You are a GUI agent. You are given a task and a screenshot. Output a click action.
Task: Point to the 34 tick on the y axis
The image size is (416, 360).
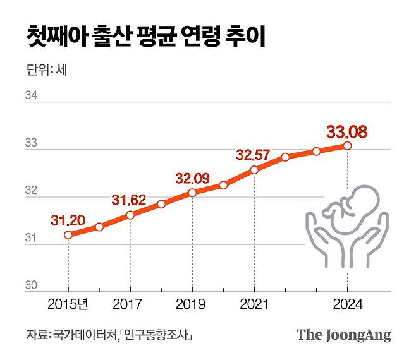pos(31,96)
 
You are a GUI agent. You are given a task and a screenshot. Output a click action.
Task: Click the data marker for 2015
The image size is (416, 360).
pos(68,235)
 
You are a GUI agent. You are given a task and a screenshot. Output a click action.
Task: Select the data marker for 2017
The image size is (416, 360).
pos(130,215)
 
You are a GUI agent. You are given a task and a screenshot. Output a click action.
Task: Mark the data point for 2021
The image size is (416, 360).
pos(254,170)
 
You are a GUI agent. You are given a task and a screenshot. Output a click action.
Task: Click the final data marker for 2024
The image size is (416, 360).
pos(347,146)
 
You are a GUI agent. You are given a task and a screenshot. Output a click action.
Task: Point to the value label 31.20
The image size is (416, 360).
pos(67,220)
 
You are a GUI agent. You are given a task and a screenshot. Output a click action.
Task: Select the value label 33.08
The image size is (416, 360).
pos(346,132)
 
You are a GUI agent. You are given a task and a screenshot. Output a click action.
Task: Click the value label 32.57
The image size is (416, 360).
pos(253,155)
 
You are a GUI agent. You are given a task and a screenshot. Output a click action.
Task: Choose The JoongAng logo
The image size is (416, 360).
pos(344,335)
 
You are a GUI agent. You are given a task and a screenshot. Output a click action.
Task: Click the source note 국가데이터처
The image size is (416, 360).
pos(85,335)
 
